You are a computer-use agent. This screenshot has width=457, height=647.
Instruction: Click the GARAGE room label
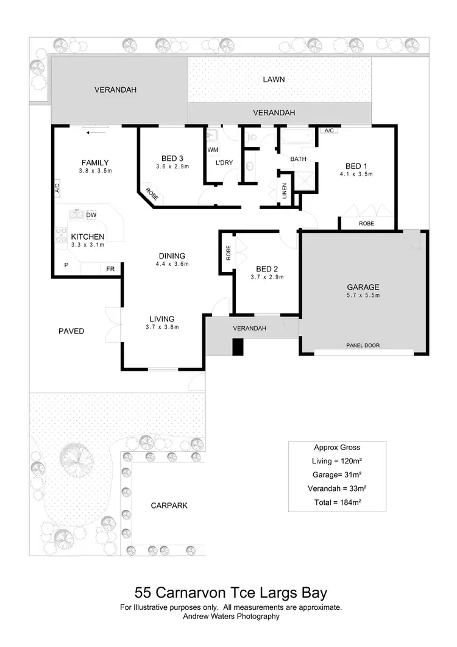click(363, 287)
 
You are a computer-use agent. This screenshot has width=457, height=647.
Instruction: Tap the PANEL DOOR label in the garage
click(363, 345)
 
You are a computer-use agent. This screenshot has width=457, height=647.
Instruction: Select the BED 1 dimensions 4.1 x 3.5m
click(356, 174)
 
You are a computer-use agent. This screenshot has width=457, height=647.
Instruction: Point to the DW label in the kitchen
click(91, 215)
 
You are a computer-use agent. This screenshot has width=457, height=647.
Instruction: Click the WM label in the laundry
click(213, 149)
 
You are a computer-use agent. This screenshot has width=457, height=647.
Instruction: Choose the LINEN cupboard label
click(285, 191)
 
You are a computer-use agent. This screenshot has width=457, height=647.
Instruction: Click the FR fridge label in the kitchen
click(110, 268)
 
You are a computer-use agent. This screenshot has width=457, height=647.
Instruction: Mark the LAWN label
click(274, 79)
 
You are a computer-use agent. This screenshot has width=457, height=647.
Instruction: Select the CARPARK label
click(169, 506)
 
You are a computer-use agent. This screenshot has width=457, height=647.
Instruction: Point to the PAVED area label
click(71, 331)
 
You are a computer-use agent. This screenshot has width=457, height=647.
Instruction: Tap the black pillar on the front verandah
click(238, 346)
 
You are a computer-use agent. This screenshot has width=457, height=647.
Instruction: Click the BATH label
click(298, 159)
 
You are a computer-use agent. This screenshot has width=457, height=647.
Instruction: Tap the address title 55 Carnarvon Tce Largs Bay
click(231, 593)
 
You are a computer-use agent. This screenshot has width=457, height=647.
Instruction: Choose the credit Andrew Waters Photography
click(231, 617)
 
